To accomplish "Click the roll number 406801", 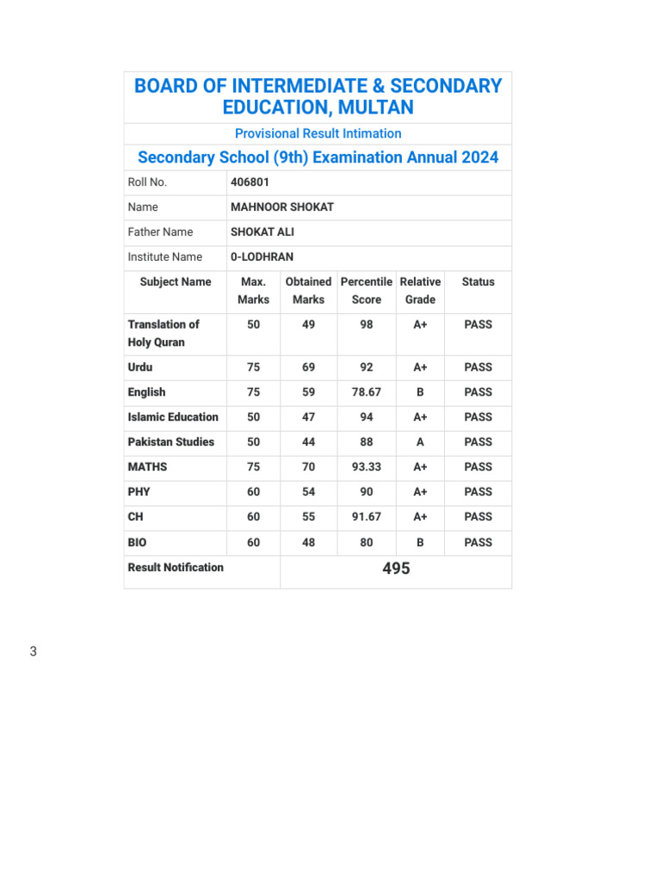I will (x=250, y=182).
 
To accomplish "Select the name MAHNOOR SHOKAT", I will (x=281, y=207).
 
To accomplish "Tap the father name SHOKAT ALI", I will (x=262, y=232).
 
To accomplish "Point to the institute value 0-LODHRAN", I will (x=262, y=257).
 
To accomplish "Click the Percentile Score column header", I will (x=367, y=291).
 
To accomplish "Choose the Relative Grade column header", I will (x=420, y=291).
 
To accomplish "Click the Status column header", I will (x=478, y=282).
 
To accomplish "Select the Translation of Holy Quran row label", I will (x=164, y=333).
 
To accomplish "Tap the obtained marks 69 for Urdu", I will (x=308, y=367).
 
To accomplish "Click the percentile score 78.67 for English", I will (x=367, y=392).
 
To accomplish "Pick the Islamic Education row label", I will (x=173, y=417).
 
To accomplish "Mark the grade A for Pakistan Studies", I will (x=420, y=442).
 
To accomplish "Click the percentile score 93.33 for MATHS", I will (x=367, y=467).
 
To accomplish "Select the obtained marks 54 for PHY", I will (x=308, y=492).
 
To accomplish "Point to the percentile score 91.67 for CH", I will (x=367, y=517).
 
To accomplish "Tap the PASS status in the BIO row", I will (x=478, y=543).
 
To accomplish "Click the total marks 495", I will (x=396, y=570).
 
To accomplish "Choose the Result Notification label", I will (x=176, y=568).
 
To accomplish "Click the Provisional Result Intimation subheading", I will (x=318, y=133).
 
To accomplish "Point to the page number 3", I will (x=34, y=652).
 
